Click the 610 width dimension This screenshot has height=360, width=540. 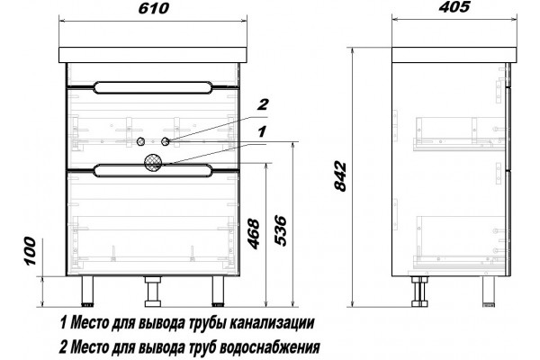[154, 8]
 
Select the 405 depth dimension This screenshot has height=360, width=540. [454, 7]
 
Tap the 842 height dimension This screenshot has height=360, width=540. [340, 176]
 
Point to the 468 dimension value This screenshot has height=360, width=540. [254, 234]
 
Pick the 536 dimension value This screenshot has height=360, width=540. [280, 230]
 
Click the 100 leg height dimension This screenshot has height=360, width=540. [30, 251]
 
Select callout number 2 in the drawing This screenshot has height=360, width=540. [263, 104]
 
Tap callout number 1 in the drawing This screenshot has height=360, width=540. [262, 131]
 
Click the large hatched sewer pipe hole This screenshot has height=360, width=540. [153, 162]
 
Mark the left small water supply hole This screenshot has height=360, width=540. [140, 141]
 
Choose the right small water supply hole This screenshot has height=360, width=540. [166, 141]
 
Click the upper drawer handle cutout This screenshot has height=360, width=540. [153, 87]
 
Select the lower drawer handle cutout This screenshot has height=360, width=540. [153, 171]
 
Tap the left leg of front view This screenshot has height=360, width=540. [88, 291]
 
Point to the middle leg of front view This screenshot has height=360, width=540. [153, 292]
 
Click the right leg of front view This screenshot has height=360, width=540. [218, 291]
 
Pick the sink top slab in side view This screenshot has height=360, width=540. [454, 55]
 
